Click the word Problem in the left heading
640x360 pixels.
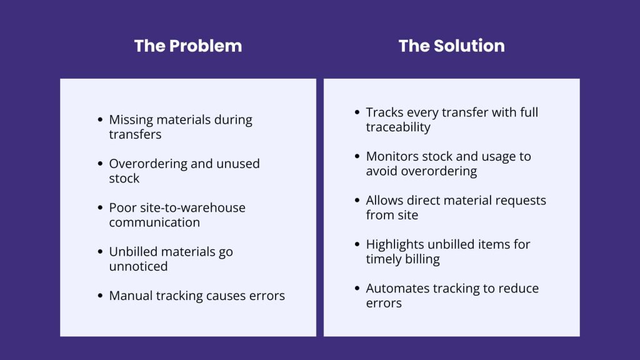(205, 46)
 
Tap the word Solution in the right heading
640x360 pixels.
(469, 46)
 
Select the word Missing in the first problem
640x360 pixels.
(131, 120)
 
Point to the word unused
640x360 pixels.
(238, 164)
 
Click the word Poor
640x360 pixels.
(122, 207)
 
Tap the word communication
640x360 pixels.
(154, 222)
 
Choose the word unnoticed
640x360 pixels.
(138, 266)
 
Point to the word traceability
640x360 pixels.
(398, 127)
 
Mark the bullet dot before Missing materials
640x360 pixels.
(101, 119)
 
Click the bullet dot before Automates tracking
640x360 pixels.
(357, 288)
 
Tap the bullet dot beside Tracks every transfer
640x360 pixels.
(357, 112)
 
